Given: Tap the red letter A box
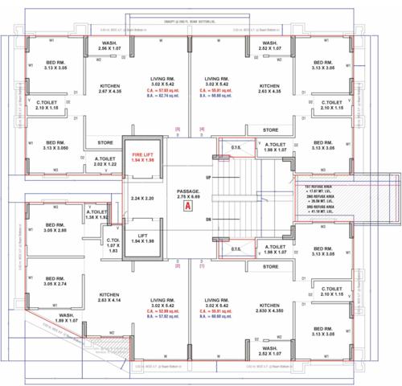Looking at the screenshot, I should [x=188, y=206].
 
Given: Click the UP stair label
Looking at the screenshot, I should [x=208, y=176].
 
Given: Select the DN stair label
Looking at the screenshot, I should [x=208, y=219].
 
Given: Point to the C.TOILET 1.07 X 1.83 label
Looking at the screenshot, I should [x=113, y=244].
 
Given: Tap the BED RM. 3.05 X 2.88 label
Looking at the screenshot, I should [x=55, y=228].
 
